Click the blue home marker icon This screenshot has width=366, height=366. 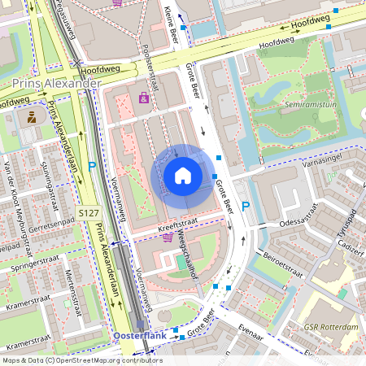183,175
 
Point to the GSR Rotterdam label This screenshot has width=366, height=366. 332,327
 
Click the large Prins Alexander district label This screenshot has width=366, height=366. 56,84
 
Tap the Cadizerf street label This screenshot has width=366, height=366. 348,243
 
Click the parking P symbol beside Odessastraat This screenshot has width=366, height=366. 245,207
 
